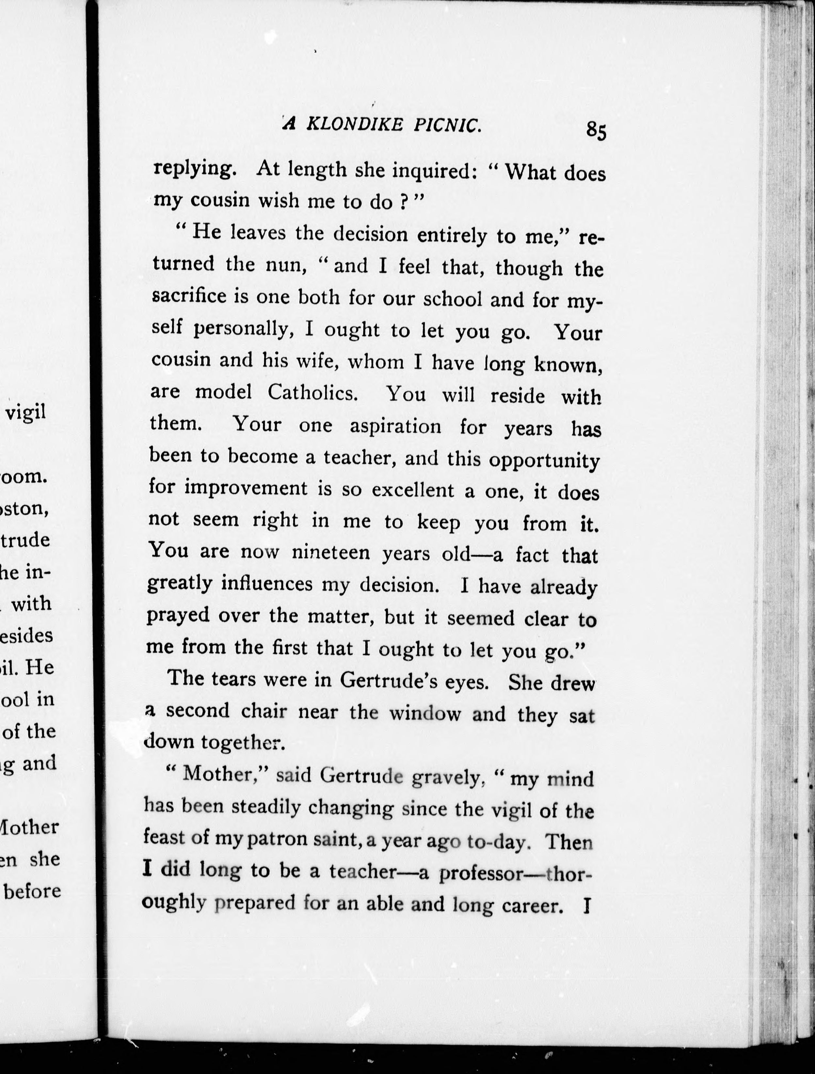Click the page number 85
pos(596,130)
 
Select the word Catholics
pos(312,392)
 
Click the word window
pos(425,713)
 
